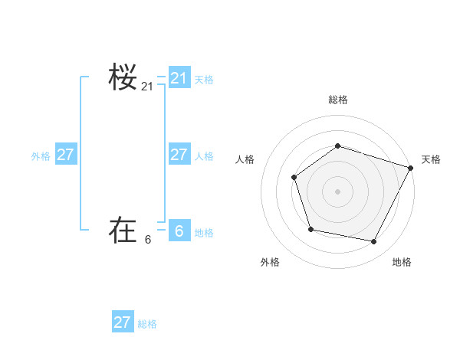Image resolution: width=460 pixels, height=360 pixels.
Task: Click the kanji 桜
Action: coord(123,78)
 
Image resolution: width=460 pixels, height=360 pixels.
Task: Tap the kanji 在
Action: coord(123,230)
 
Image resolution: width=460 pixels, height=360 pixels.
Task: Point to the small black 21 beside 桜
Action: coord(147,87)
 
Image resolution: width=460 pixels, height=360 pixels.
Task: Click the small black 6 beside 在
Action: coord(148,240)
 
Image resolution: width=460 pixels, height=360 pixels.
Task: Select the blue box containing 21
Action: coord(179,78)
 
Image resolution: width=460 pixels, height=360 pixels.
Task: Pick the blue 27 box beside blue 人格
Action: coord(179,155)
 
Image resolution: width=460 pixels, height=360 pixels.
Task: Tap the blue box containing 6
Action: coord(179,231)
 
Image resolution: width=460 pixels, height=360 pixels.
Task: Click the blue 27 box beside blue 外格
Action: coord(66,155)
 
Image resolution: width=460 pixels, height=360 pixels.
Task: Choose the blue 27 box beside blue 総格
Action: coord(123,322)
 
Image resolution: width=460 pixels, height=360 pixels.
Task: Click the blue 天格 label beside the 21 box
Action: coord(204,80)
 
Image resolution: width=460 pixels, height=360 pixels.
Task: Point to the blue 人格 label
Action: coord(204,156)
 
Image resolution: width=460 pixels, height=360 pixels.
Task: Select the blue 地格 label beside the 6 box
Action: coord(204,233)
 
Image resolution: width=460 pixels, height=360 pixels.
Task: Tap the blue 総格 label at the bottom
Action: coord(147,324)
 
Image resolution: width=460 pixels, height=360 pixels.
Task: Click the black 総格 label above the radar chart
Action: coord(338,100)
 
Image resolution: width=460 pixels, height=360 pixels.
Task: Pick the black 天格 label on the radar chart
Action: coord(431,159)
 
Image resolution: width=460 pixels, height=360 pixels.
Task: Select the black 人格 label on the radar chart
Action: coord(245,159)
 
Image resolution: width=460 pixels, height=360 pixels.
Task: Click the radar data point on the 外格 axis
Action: coord(310,229)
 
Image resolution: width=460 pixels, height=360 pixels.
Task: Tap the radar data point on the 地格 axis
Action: coord(374,241)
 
